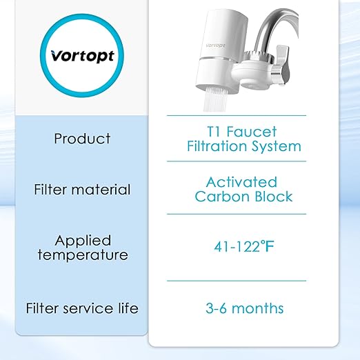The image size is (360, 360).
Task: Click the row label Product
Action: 82,138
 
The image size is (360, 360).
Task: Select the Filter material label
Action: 82,189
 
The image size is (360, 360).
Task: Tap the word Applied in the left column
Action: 82,241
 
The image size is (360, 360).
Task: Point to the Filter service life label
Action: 82,308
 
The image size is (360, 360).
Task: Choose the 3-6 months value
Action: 244,308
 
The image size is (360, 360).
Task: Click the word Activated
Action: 241,182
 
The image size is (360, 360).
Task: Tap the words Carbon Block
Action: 244,197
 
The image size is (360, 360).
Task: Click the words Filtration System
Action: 244,146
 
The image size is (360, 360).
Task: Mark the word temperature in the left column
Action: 82,254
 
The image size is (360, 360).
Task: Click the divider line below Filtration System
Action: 246,161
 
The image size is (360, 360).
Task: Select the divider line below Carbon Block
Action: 246,214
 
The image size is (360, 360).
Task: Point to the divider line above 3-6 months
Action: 246,281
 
